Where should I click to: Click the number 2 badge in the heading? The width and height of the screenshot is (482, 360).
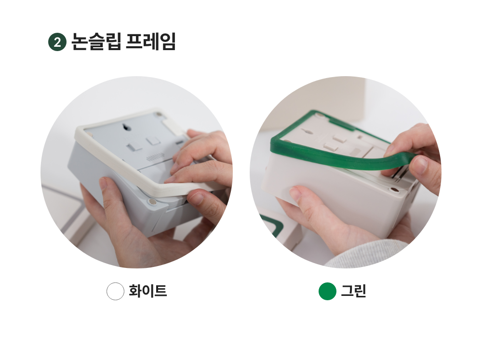coord(57,42)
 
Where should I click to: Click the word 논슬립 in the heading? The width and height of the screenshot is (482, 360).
coord(96,41)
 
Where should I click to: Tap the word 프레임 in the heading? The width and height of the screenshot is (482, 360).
coord(151,41)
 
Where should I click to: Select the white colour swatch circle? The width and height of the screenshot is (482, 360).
coord(115,291)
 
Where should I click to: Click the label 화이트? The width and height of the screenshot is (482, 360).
coord(148,291)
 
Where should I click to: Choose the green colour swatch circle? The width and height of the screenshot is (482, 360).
coord(327,291)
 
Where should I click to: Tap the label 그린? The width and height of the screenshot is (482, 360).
coord(353,291)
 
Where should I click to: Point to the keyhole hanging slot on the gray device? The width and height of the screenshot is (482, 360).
coord(125,127)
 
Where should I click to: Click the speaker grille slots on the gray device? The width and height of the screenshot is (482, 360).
coord(156,158)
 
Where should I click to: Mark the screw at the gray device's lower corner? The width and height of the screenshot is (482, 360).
coord(152,202)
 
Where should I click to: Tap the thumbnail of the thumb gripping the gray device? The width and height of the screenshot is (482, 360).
coord(104,183)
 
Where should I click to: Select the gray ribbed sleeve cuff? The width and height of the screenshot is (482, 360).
coord(367,253)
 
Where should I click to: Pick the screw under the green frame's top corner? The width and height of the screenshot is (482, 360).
coord(320,116)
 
